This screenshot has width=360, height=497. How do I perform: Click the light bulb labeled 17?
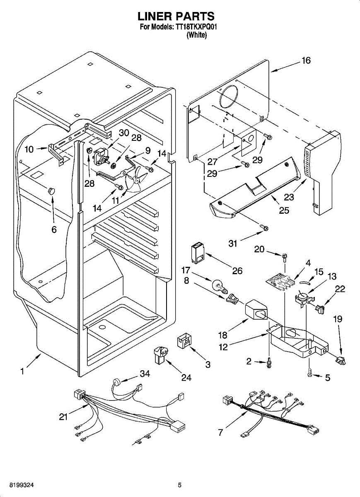pyautogui.click(x=220, y=286)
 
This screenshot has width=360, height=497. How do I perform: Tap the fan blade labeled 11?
pyautogui.click(x=134, y=179)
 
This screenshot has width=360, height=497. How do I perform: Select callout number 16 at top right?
pyautogui.click(x=306, y=60)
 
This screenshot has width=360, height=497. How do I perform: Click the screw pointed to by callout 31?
pyautogui.click(x=264, y=228)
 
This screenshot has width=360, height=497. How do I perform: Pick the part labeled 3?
pyautogui.click(x=184, y=342)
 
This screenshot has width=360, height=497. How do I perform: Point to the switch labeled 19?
pyautogui.click(x=341, y=362)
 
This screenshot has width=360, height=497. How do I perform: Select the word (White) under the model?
pyautogui.click(x=197, y=35)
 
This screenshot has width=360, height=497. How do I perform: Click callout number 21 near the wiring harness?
pyautogui.click(x=63, y=417)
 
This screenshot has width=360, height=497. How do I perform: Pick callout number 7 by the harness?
pyautogui.click(x=220, y=432)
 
